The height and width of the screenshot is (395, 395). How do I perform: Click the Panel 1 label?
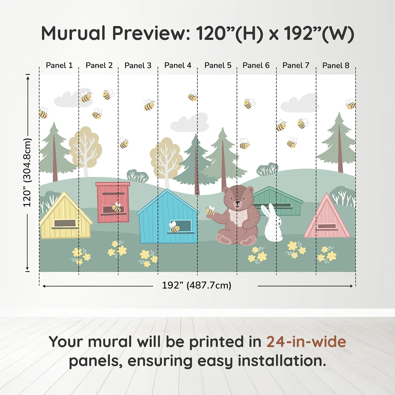(59, 65)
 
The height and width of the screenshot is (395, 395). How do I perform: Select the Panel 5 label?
(218, 65)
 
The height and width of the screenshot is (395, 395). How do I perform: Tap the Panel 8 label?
(336, 65)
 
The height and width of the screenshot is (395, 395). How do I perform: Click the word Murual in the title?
(73, 33)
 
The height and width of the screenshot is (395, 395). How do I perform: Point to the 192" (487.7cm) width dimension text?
(196, 285)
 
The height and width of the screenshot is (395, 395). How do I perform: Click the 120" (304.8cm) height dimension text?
(27, 173)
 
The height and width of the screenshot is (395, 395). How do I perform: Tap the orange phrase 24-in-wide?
(306, 342)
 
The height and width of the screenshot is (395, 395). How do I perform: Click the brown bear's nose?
(238, 202)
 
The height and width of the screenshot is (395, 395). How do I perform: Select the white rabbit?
(272, 224)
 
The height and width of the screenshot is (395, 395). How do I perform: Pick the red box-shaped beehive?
(113, 202)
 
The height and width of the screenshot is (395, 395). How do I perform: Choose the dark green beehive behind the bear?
(278, 200)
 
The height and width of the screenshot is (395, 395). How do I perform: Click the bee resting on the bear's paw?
(210, 211)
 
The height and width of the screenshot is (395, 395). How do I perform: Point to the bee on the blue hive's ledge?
(174, 227)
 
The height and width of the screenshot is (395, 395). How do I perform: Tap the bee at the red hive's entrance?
(116, 207)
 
